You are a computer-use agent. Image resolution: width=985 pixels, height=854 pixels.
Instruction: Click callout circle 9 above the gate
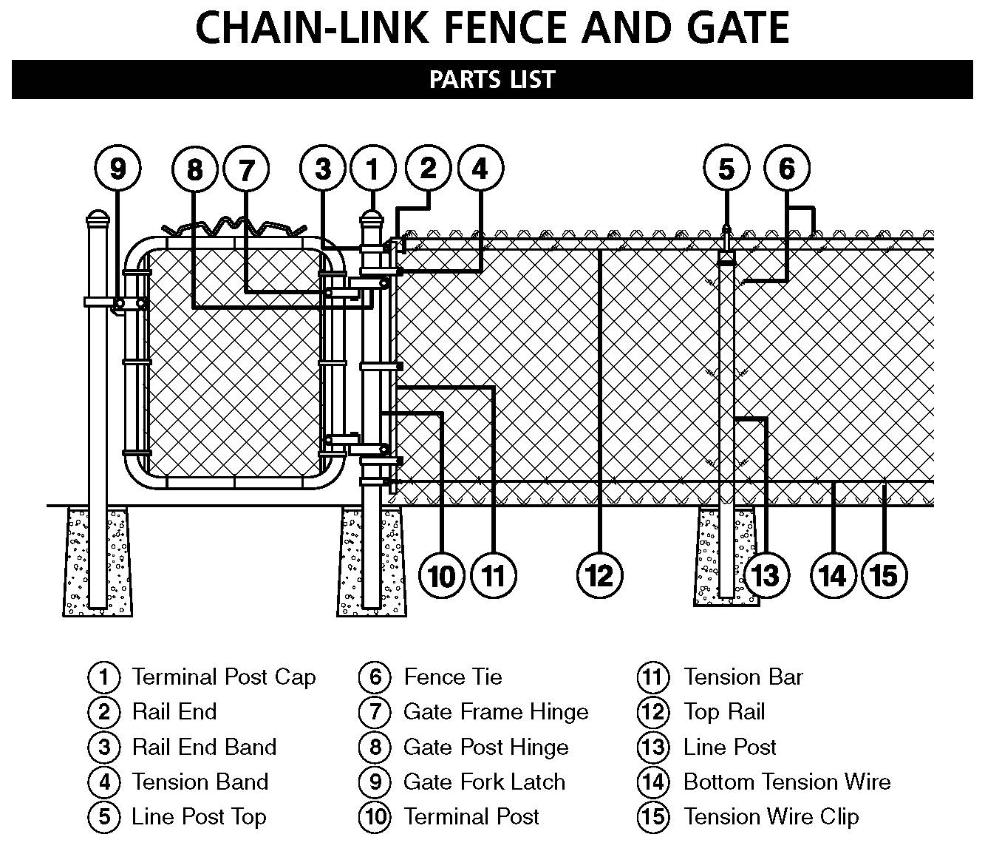point(118,169)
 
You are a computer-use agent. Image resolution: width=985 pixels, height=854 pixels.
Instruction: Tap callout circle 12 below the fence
point(599,575)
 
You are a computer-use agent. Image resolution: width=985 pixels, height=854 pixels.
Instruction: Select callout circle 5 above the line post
point(726,169)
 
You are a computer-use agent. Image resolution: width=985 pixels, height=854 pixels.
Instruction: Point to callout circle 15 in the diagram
point(885,575)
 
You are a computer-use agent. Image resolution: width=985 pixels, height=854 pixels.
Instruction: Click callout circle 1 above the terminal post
point(373,169)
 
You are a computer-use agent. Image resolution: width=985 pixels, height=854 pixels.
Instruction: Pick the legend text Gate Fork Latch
point(484,782)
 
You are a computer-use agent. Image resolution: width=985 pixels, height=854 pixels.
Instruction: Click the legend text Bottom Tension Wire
point(787,782)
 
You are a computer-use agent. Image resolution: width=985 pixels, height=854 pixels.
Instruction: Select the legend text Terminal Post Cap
point(223,677)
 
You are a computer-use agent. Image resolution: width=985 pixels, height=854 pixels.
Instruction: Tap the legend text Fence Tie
point(452,677)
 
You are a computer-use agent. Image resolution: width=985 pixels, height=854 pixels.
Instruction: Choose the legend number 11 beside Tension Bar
point(653,677)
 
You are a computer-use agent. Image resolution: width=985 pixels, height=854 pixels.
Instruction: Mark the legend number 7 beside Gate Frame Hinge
point(375,711)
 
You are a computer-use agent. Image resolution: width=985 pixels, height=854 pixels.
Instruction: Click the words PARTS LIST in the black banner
point(492,79)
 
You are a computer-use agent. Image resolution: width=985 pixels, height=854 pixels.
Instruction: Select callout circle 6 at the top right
point(787,169)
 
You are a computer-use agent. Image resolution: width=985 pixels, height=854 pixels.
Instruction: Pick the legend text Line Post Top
point(199,816)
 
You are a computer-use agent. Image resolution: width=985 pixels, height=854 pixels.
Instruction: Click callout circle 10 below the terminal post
point(442,575)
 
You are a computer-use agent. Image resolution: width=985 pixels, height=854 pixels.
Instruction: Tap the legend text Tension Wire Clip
point(771,816)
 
